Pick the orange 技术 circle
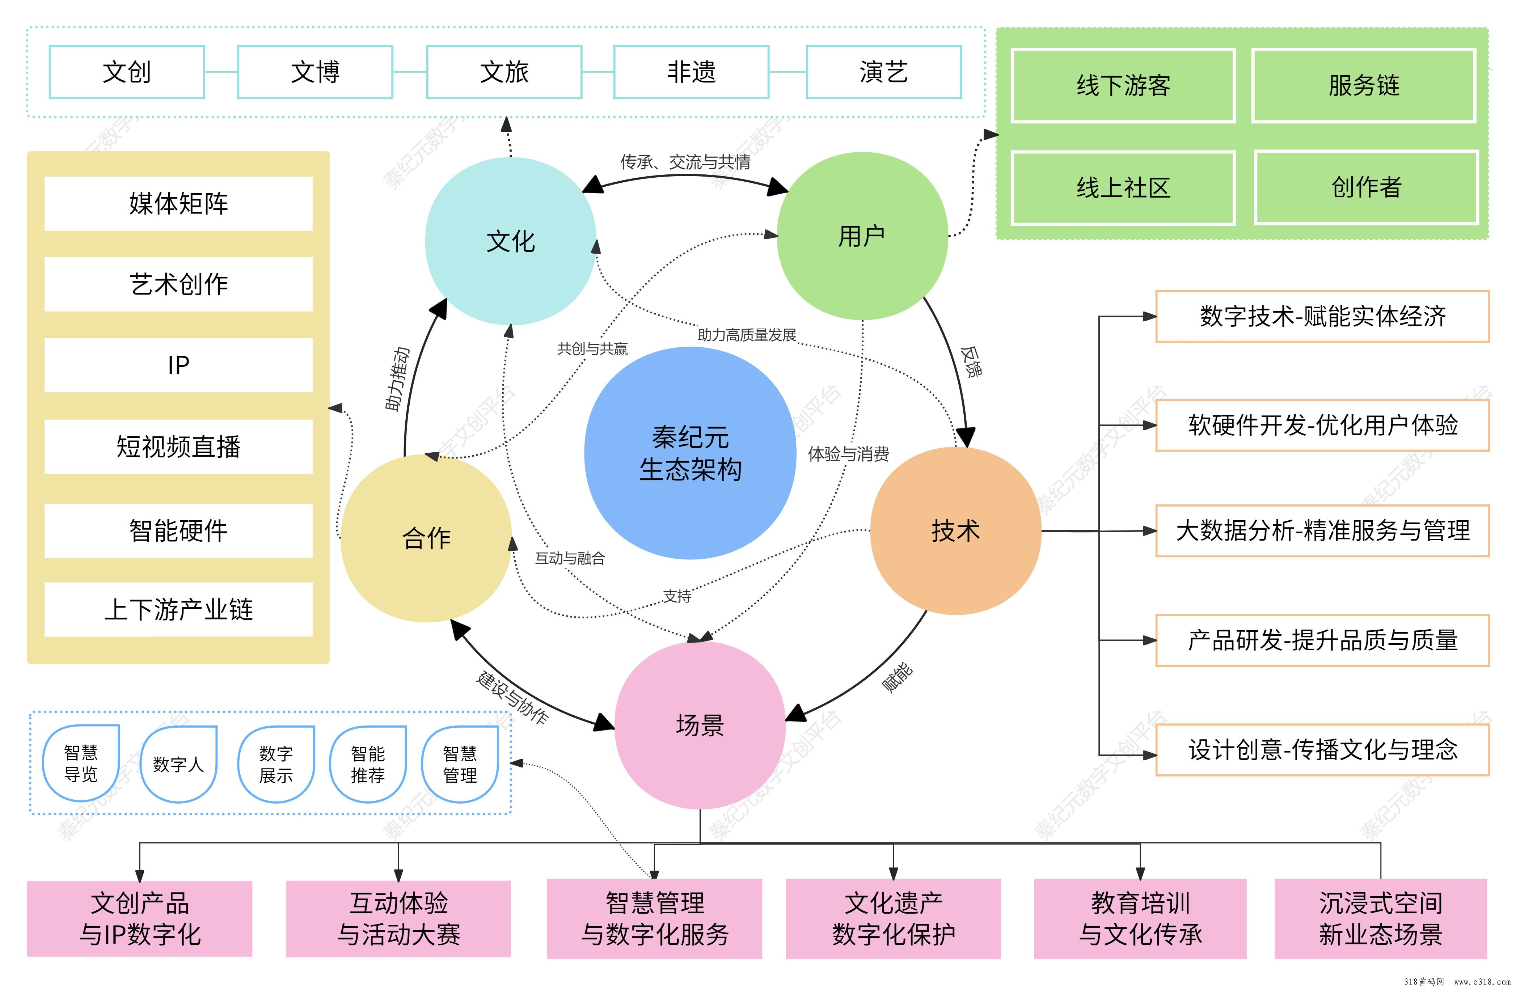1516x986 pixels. coord(955,530)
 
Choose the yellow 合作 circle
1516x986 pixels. coord(426,538)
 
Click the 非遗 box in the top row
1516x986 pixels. coord(691,72)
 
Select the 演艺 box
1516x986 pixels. coord(883,72)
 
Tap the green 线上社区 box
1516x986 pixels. coord(1123,188)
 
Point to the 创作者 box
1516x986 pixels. coord(1366,187)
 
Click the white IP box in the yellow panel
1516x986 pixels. coord(178,365)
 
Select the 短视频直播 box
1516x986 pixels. coord(178,446)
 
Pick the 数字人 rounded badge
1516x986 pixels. coord(178,764)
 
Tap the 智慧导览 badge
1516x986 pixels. coord(81,763)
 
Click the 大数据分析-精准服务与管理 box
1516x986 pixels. coord(1322,530)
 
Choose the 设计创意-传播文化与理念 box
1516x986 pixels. coord(1322,750)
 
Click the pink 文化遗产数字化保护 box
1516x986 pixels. coord(893,918)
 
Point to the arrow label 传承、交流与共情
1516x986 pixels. coord(685,162)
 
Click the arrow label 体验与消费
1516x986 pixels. coord(848,454)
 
